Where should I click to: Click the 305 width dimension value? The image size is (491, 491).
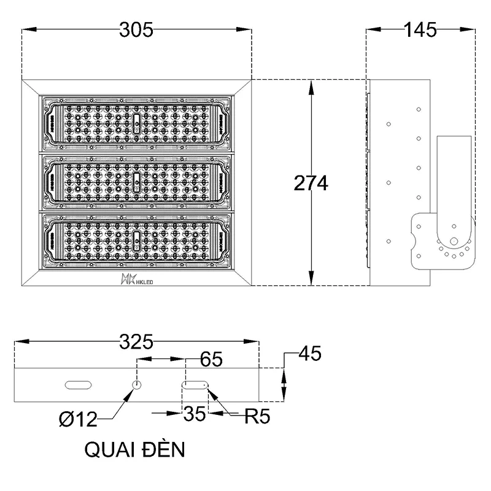pos(136,29)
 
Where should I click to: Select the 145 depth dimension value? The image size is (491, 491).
pos(420,29)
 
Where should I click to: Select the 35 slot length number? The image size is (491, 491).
pos(195,416)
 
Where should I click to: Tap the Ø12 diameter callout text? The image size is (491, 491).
pos(78,419)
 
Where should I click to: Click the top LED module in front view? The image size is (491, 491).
pos(136,123)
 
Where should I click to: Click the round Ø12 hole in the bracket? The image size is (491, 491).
pos(137,385)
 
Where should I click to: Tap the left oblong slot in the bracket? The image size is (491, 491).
pos(78,385)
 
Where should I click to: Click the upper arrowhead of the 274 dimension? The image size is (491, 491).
pos(312,87)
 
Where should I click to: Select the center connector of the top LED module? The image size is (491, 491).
pos(136,122)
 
